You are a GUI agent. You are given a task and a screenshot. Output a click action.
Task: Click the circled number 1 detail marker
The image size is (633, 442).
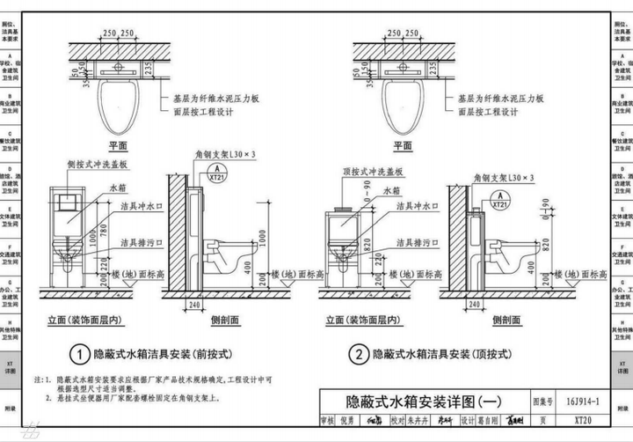[x=78, y=354]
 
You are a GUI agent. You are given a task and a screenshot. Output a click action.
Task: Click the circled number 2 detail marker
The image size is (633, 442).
[x=358, y=354]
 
